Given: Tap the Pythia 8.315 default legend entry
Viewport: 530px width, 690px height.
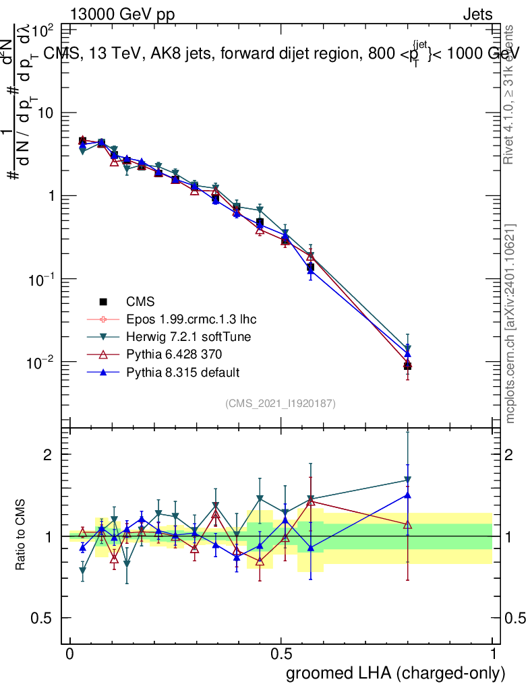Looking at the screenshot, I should tap(182, 372).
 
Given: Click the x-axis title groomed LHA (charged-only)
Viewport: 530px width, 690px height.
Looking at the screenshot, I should tap(396, 673).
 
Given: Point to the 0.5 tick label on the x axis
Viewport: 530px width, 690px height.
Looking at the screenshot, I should tap(281, 654).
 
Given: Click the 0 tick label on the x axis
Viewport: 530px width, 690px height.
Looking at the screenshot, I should tap(70, 654).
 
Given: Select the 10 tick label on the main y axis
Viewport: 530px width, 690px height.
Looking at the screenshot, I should tap(45, 113).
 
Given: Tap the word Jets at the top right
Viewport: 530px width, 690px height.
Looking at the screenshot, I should tap(477, 14).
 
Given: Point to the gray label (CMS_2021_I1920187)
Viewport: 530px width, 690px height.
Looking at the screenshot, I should tap(281, 404).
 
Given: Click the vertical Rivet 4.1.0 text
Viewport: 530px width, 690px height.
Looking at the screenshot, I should tap(509, 94).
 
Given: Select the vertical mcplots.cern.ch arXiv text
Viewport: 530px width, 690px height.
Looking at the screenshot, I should tap(510, 323).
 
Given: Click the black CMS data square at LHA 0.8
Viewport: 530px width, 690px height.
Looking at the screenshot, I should tap(407, 366).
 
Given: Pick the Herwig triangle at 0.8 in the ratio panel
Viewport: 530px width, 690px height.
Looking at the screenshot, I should tap(407, 480).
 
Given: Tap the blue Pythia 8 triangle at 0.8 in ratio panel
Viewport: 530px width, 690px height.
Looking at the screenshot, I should tap(407, 495).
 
